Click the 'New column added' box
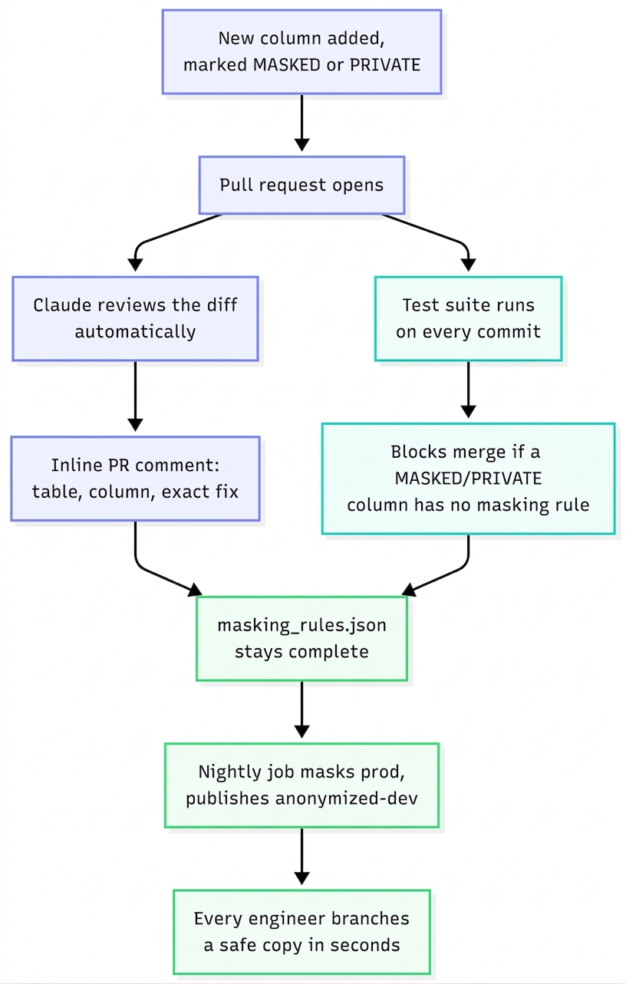tap(301, 52)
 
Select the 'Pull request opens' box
tap(301, 185)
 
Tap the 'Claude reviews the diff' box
tap(135, 318)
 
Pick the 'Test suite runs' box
tap(468, 318)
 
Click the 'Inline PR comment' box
tap(135, 479)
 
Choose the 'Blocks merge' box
tap(468, 479)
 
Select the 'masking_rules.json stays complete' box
tap(301, 638)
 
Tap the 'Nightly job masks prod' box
tap(301, 785)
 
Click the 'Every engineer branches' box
tap(301, 932)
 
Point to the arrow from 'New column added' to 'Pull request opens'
tap(301, 123)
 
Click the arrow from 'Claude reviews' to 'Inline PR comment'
tap(135, 396)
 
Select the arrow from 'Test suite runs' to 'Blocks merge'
tap(468, 390)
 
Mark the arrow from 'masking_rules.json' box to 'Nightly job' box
tap(301, 709)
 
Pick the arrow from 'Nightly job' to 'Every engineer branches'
tap(301, 856)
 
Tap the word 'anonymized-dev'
tap(347, 798)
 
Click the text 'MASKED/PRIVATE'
tap(468, 479)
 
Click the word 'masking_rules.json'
tap(301, 626)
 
